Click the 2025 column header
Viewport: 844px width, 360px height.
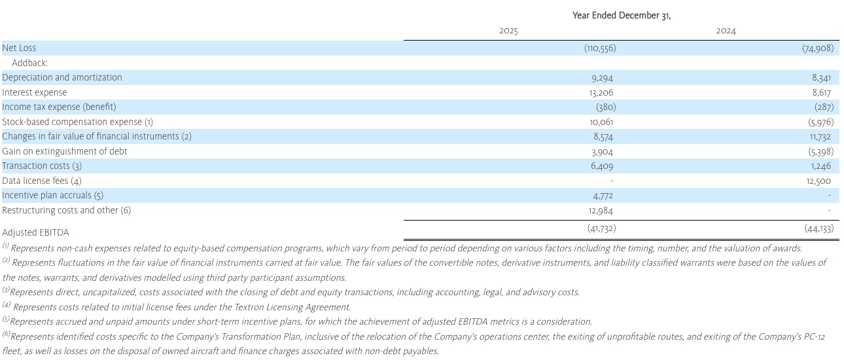(508, 31)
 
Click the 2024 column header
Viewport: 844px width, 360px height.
(726, 31)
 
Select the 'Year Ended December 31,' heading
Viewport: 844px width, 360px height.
(622, 15)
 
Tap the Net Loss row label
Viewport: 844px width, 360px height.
(20, 48)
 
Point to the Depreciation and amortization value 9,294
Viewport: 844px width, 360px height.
(602, 78)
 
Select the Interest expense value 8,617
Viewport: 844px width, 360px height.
(822, 93)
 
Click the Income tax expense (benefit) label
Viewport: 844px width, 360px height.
(59, 107)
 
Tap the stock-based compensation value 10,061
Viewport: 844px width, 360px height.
(601, 122)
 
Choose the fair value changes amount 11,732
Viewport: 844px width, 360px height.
(820, 137)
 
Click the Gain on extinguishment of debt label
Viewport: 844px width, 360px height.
(65, 151)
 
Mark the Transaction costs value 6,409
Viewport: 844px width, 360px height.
(602, 166)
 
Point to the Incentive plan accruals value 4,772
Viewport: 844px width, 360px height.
(602, 196)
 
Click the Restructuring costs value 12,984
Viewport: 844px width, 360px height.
(601, 211)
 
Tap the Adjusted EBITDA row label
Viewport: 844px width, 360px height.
(35, 232)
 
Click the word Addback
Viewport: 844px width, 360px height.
(30, 63)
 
